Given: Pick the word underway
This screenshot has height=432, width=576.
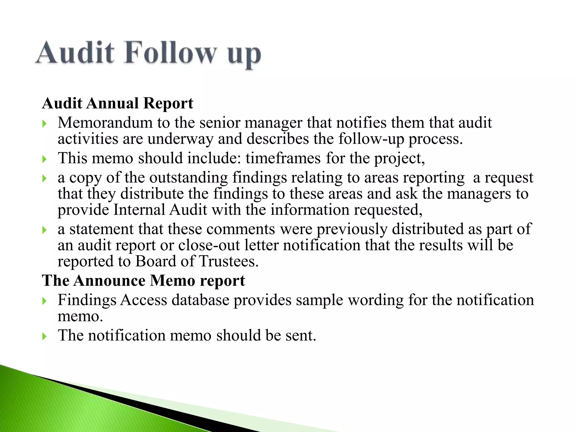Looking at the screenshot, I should pos(180,139).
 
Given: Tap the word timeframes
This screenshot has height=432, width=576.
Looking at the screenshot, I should pos(283,158).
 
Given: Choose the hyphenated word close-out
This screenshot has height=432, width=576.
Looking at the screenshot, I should pos(209,245).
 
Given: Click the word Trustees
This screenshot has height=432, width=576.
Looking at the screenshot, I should pos(228,261).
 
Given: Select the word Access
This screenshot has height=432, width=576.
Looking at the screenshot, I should pos(144,300).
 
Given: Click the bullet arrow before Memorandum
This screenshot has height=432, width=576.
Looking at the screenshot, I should pos(44,124).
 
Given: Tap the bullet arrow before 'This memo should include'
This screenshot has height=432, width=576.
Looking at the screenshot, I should pos(44,159).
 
